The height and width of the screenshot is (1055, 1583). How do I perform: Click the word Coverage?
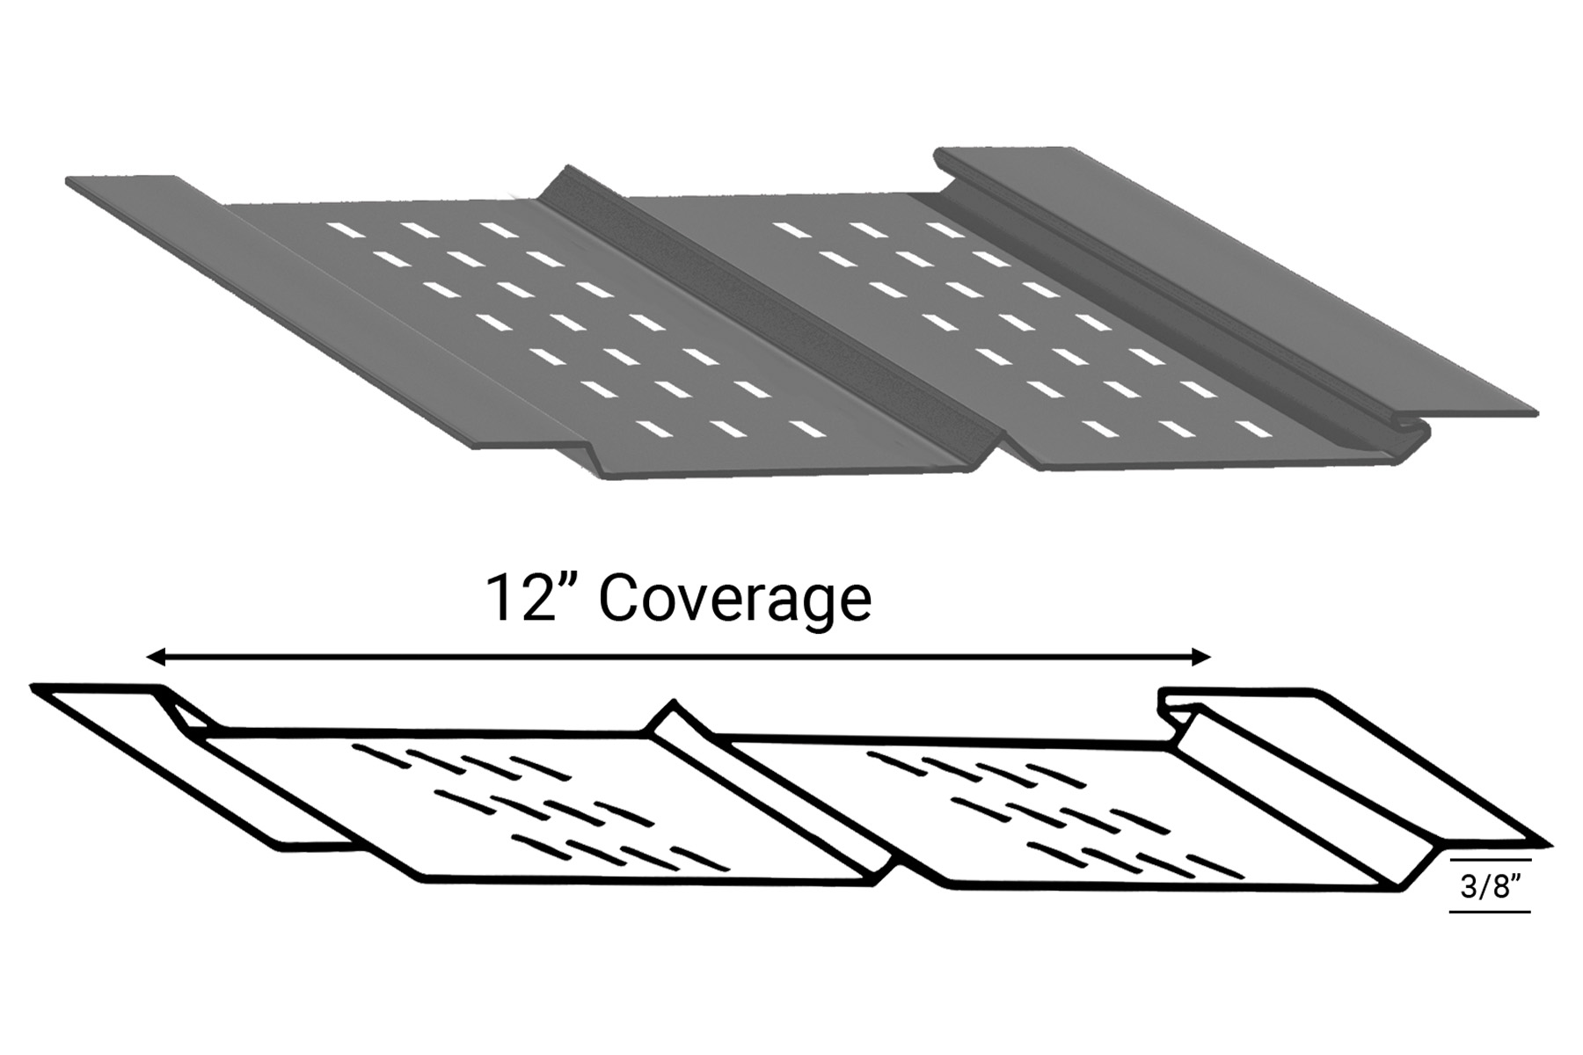pos(734,600)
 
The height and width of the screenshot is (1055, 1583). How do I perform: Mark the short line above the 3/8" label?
pos(1490,859)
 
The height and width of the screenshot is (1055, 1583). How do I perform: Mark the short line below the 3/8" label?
pos(1490,912)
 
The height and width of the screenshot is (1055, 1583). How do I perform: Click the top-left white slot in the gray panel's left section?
pos(346,230)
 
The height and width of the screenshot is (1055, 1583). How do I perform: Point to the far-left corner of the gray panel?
pos(69,181)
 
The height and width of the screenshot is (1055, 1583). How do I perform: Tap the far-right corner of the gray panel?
pos(1536,412)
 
